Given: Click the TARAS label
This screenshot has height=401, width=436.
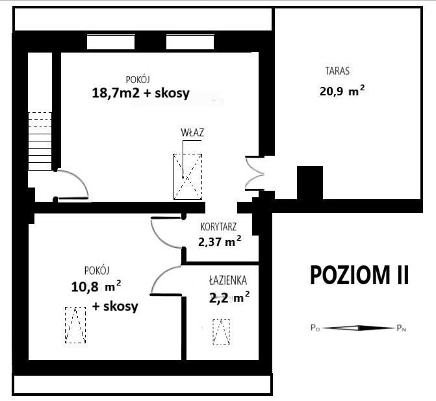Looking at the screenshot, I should point(338,71).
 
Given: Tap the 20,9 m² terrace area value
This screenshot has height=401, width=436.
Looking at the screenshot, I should point(341,91).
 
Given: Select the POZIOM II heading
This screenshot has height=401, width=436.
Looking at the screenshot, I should point(359,274).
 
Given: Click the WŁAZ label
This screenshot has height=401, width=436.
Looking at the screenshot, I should point(192,132).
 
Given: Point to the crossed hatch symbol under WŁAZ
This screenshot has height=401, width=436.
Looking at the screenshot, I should point(188,176).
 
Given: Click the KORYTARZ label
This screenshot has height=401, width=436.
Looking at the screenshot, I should point(218,227).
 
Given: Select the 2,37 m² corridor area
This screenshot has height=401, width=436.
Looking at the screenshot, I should point(220,243).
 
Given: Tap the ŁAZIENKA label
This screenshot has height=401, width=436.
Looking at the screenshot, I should point(227,282).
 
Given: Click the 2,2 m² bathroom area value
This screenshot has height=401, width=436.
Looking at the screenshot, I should point(229,298).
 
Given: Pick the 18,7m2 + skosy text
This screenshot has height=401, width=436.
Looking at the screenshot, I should point(140,93).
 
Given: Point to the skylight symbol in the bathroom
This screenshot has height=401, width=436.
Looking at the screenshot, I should point(222,333).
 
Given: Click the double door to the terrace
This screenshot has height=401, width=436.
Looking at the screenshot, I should point(253,173).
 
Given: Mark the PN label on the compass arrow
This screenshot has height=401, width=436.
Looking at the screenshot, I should point(402,328).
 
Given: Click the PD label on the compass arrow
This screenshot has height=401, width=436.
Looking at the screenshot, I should point(315,328).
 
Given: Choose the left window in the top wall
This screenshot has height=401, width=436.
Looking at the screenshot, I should point(110,42).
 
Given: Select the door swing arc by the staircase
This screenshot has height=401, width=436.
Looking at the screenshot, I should point(73,184).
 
